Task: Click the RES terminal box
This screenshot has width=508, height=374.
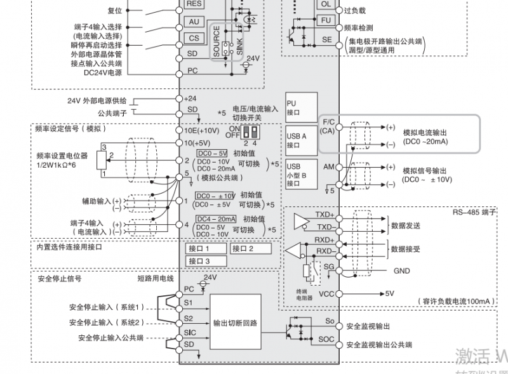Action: [x=194, y=3]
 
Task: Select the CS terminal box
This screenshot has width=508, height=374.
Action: [x=194, y=38]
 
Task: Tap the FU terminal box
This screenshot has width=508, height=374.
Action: [x=326, y=20]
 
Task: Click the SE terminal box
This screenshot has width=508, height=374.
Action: [x=326, y=39]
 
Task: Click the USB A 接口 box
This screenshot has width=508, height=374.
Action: [x=300, y=140]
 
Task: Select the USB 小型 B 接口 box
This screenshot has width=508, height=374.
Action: [x=300, y=175]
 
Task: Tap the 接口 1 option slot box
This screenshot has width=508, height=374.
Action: [x=204, y=248]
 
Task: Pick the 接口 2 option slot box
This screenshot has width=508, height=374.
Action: [x=252, y=248]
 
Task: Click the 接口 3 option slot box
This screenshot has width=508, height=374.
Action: [x=204, y=260]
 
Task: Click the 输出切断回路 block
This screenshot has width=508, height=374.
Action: [x=235, y=323]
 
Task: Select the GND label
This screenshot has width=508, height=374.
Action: [x=401, y=271]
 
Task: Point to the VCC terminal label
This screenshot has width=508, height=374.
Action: [x=326, y=294]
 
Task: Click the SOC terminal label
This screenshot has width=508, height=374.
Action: [x=326, y=339]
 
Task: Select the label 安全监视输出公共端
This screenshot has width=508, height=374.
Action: [x=379, y=345]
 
